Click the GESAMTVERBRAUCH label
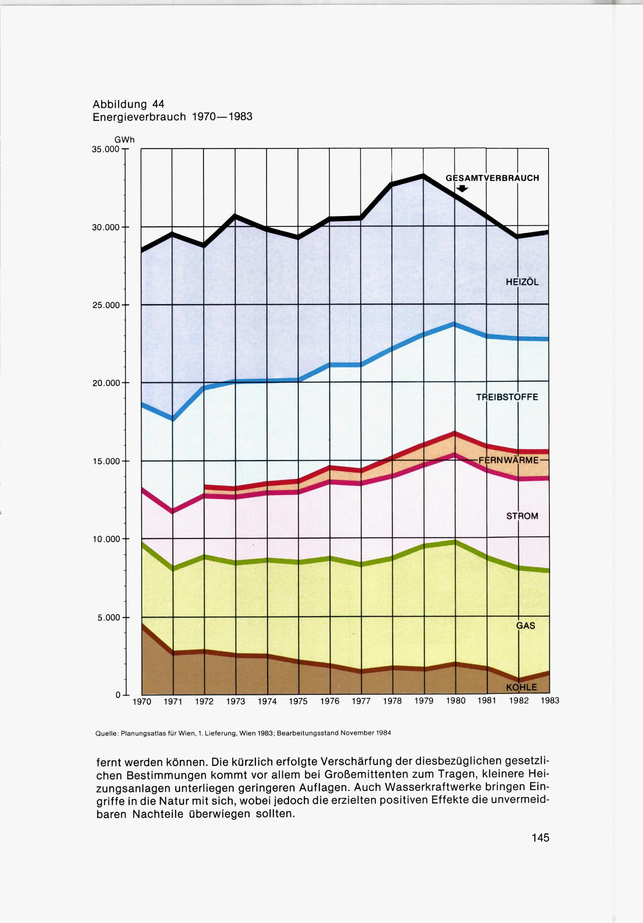pyautogui.click(x=492, y=178)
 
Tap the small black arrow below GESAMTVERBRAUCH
pyautogui.click(x=463, y=188)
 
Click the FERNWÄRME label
pyautogui.click(x=508, y=460)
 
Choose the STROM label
pyautogui.click(x=522, y=516)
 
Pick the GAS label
pyautogui.click(x=526, y=626)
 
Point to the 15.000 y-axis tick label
pyautogui.click(x=106, y=461)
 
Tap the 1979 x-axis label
pyautogui.click(x=424, y=701)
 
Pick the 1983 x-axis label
pyautogui.click(x=549, y=701)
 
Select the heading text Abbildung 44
pyautogui.click(x=128, y=104)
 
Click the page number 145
pyautogui.click(x=540, y=838)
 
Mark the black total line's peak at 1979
pyautogui.click(x=423, y=175)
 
